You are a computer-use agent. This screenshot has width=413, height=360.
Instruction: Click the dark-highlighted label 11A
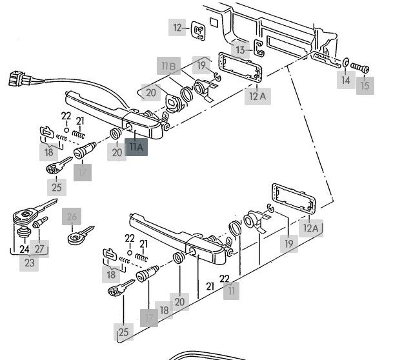click(x=136, y=147)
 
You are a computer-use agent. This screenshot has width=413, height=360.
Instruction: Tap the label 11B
click(x=168, y=66)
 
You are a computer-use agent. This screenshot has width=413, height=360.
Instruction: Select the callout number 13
click(x=240, y=50)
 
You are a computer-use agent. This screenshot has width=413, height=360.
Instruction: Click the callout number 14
click(x=346, y=80)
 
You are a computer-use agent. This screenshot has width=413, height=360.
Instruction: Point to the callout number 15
click(x=365, y=86)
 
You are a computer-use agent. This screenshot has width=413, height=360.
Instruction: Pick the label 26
click(x=72, y=217)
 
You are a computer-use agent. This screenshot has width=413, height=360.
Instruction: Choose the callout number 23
click(x=29, y=263)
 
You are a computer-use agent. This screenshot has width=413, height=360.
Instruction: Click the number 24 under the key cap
click(x=25, y=249)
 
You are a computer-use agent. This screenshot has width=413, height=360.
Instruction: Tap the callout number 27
click(x=39, y=248)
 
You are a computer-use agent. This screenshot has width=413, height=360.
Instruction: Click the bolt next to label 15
click(x=359, y=68)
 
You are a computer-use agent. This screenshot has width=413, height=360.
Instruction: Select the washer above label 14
click(x=346, y=63)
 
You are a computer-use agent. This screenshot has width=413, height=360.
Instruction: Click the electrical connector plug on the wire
click(x=19, y=79)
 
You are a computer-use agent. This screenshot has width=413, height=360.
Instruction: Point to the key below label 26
click(x=80, y=235)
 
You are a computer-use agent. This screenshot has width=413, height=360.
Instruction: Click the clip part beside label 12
click(x=198, y=31)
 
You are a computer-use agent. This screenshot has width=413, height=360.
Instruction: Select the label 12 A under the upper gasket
click(x=257, y=96)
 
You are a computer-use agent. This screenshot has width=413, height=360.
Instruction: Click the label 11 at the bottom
click(x=231, y=291)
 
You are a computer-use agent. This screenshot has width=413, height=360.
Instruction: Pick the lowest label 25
click(x=123, y=332)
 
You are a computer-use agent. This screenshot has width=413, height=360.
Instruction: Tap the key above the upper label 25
click(x=59, y=165)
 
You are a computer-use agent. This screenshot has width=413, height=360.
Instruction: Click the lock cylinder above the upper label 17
click(x=85, y=150)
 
